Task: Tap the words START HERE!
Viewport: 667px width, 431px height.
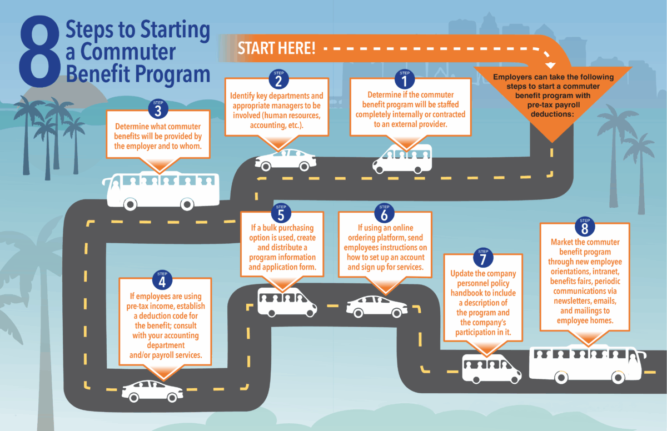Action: (276, 48)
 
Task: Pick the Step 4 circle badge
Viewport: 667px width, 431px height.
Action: (162, 280)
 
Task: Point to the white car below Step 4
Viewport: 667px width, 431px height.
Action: (153, 391)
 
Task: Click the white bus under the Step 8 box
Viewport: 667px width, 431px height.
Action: (587, 364)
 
